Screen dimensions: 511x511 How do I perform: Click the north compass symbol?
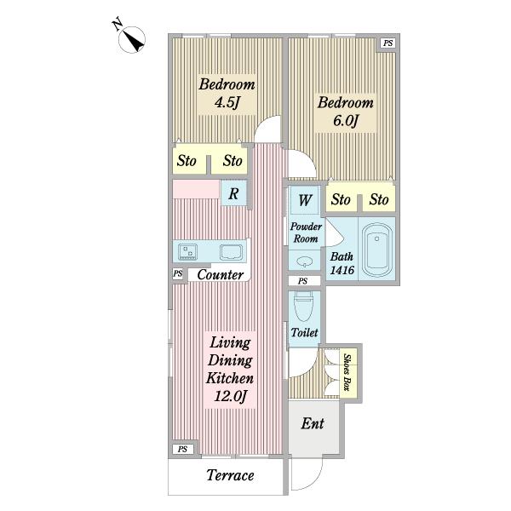tap(131, 38)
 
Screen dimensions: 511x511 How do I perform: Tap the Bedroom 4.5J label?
tap(227, 94)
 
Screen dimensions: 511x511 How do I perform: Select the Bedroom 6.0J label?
tap(346, 112)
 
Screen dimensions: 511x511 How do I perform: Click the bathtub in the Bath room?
tap(376, 250)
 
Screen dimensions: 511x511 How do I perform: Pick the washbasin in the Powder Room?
tap(304, 261)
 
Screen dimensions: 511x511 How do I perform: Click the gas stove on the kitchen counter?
tap(187, 252)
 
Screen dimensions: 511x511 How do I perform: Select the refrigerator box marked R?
tap(233, 193)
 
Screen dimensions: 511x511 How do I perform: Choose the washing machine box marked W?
tap(304, 200)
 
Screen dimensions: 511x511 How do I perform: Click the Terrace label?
tap(230, 475)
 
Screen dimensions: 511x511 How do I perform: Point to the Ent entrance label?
tap(313, 423)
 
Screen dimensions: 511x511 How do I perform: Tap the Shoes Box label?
tap(347, 372)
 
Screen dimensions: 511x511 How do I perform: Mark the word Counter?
tap(221, 275)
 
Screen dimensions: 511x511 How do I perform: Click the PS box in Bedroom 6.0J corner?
tap(388, 43)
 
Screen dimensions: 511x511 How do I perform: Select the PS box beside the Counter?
tap(178, 273)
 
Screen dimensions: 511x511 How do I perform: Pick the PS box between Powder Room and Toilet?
tap(303, 280)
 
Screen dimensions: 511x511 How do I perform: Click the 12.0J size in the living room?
tap(230, 396)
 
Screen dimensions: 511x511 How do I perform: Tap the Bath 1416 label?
tap(342, 263)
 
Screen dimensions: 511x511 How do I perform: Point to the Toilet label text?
tap(304, 332)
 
